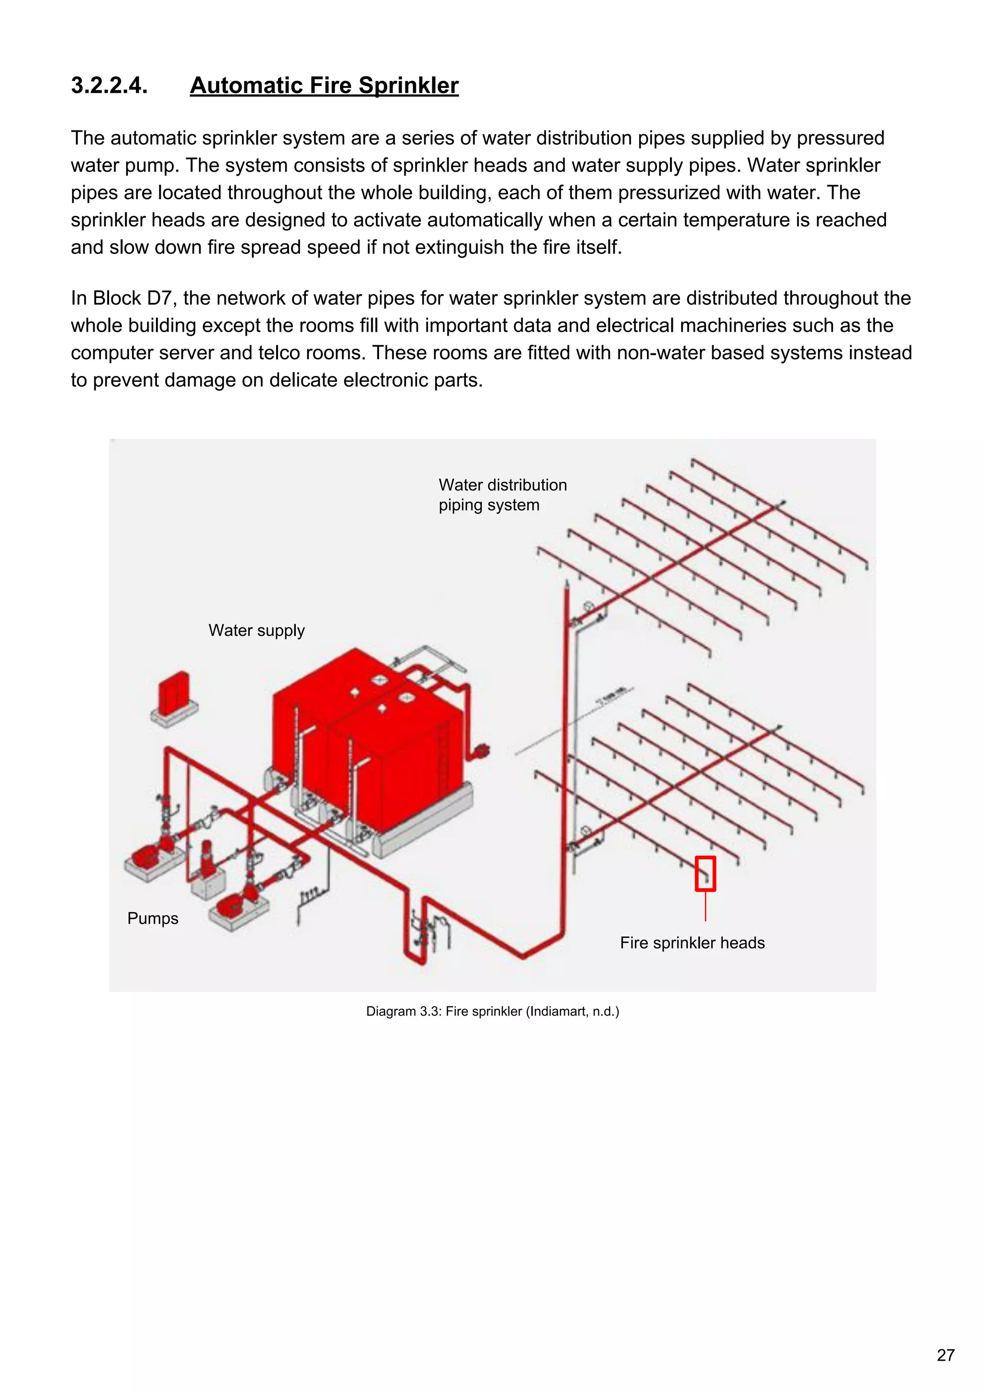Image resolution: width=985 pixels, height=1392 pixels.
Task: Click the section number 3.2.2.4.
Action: tap(109, 86)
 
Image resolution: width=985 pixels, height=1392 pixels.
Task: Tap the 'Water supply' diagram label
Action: tap(256, 630)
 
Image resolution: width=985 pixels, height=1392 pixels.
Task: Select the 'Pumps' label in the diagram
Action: tap(153, 918)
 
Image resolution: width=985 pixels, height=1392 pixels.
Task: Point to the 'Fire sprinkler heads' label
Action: tap(692, 943)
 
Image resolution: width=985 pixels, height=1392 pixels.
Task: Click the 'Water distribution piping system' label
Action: tap(502, 495)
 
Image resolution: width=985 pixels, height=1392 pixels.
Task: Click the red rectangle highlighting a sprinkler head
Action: tap(706, 874)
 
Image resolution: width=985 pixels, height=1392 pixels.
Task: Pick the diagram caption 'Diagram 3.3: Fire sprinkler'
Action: tap(444, 1011)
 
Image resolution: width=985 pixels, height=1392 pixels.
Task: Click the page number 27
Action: tap(946, 1355)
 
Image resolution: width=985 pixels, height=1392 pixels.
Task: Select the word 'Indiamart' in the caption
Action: tap(558, 1011)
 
